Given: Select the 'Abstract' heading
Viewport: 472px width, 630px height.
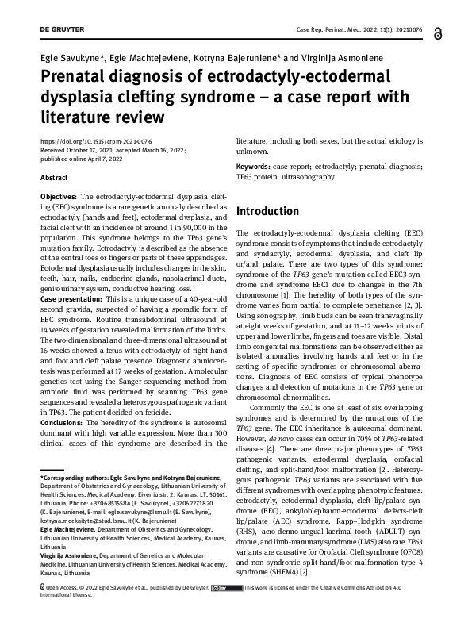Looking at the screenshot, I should click(x=53, y=178).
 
